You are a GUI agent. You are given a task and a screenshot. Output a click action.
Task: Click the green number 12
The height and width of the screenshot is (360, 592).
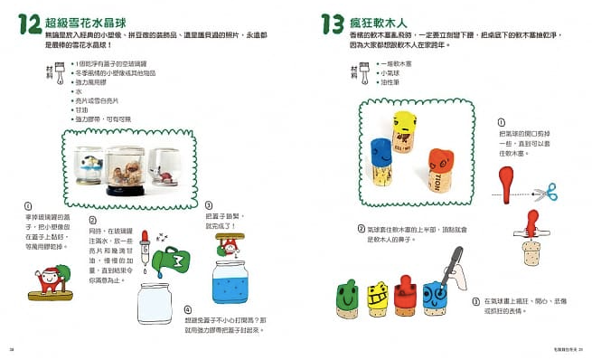pos(27,24)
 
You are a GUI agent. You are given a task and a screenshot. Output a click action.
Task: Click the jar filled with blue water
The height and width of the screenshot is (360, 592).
pos(238,279)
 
